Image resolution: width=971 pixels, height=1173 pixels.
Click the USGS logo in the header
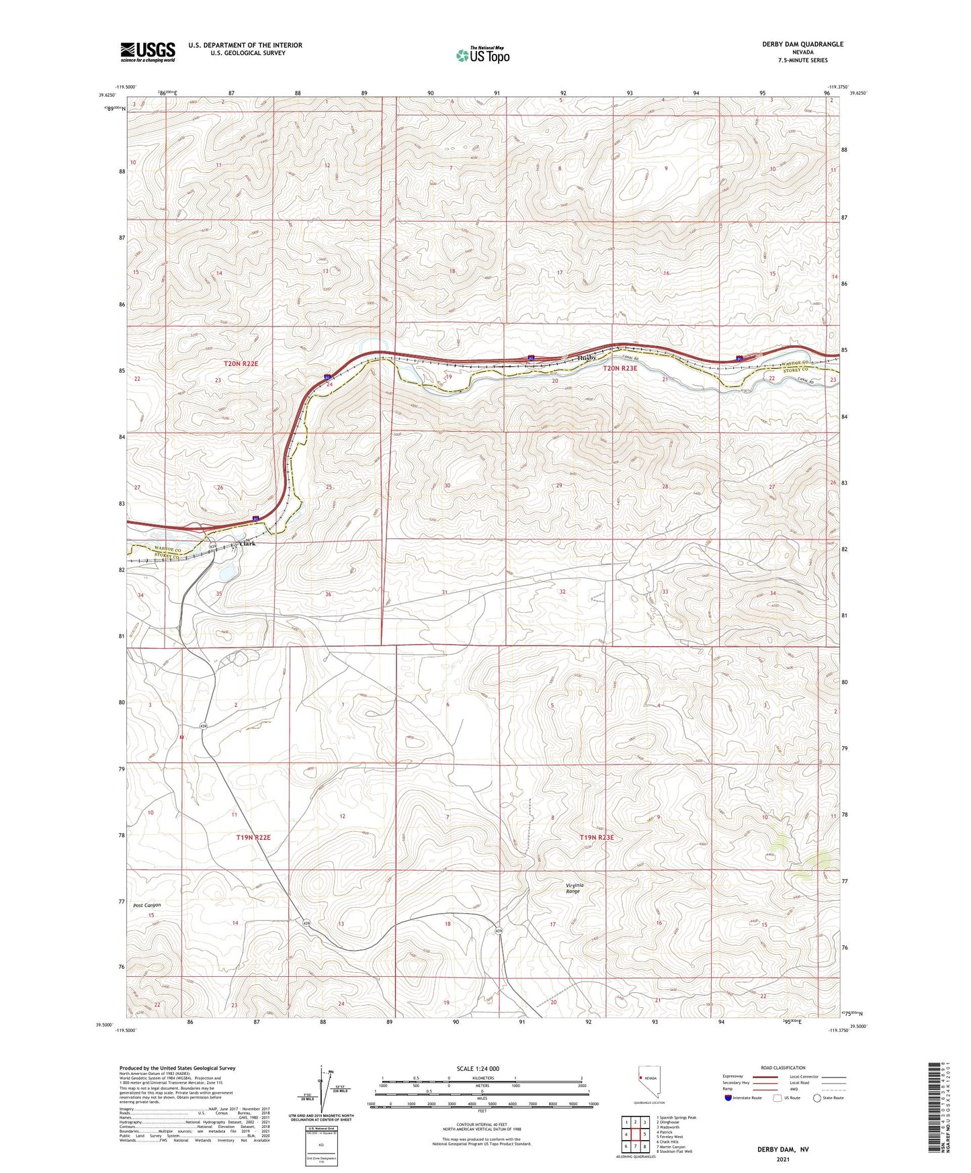coord(148,52)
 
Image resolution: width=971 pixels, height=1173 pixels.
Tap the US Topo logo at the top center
coord(482,55)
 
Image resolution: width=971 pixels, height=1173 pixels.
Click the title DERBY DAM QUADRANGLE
coord(802,44)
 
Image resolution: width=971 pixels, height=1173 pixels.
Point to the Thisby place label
coord(587,358)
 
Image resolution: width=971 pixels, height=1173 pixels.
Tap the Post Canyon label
coord(146,905)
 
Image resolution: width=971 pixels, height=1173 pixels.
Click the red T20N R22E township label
coord(241,363)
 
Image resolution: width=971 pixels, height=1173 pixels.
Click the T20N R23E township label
coord(620,368)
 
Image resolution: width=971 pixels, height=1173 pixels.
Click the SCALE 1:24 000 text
coord(478,1068)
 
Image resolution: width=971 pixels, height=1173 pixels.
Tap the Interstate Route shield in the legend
coord(728,1098)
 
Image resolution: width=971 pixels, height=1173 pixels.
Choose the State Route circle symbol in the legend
coord(817,1098)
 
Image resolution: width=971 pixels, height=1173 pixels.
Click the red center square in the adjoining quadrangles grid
coord(635,1135)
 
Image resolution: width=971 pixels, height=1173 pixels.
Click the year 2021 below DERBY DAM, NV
coord(783,1160)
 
